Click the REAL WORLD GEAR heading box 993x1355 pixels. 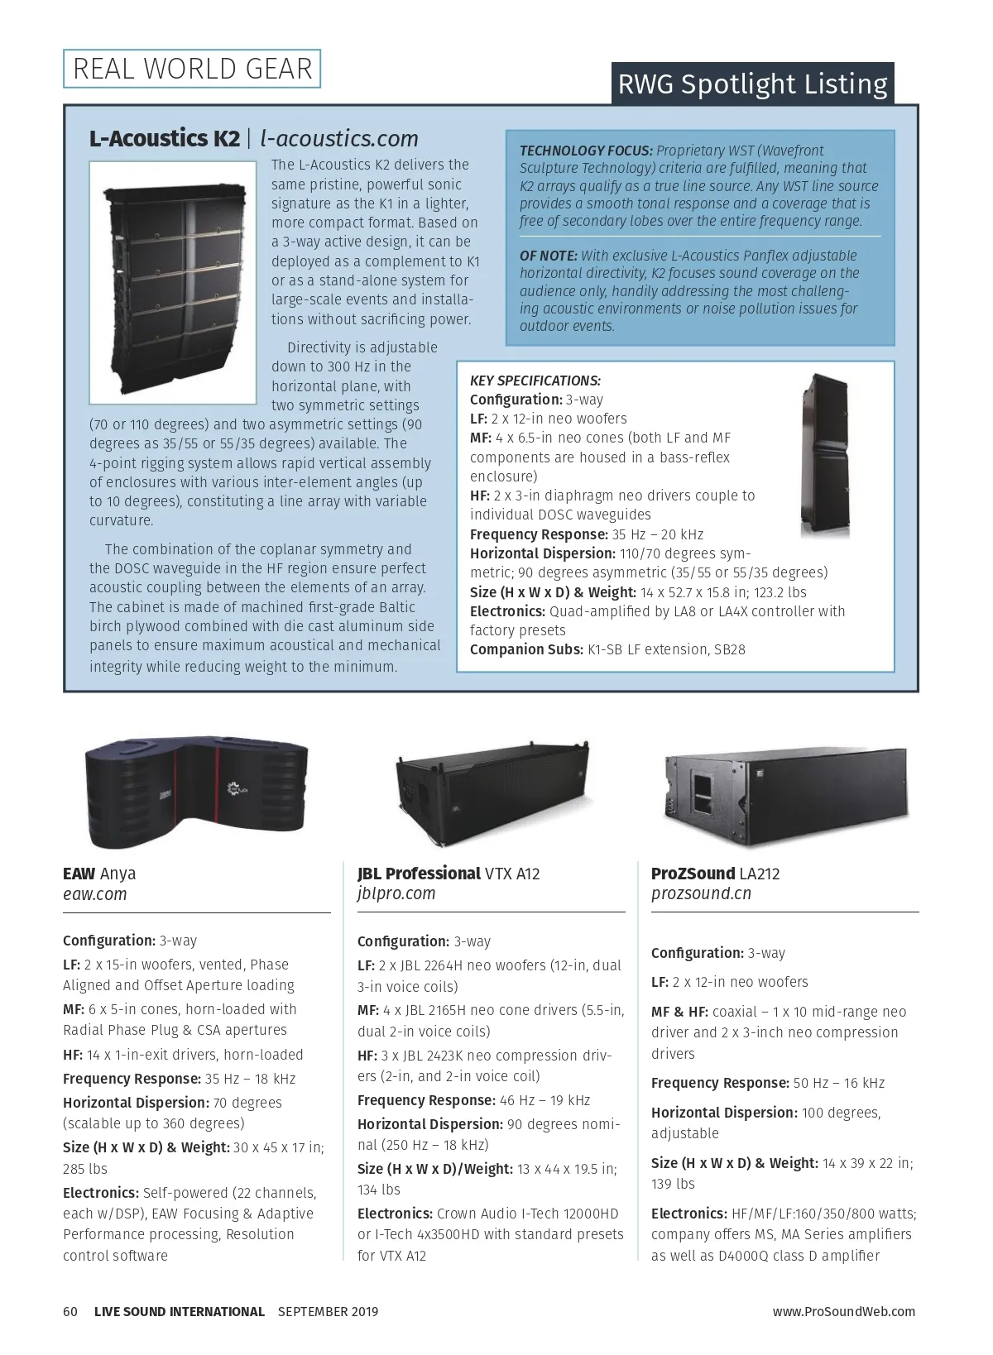[192, 69]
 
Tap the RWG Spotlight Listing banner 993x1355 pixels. [752, 84]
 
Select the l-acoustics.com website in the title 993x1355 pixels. [339, 138]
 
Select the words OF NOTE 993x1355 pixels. [548, 256]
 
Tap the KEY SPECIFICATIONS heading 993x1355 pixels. [535, 381]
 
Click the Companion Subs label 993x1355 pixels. [526, 649]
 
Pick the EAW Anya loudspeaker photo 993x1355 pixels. [196, 790]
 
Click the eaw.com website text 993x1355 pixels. [95, 894]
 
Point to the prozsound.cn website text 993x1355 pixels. [701, 894]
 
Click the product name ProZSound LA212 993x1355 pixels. [715, 874]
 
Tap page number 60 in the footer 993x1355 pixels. [70, 1311]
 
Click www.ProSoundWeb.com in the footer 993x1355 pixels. [844, 1311]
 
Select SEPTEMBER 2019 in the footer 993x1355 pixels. [328, 1311]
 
